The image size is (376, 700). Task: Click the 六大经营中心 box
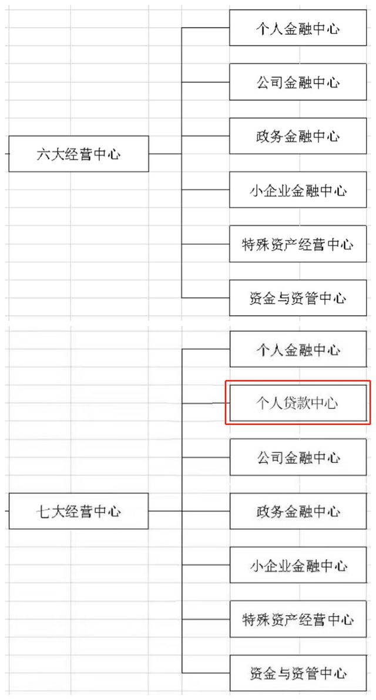pos(79,154)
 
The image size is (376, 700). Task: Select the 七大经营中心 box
pos(79,511)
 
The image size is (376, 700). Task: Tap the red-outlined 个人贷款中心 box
pos(298,403)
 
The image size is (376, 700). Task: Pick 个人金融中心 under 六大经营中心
pos(298,28)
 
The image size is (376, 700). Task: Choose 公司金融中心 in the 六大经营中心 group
pos(298,82)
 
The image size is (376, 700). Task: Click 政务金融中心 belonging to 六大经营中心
pos(298,136)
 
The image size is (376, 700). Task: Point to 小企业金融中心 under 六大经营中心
pos(298,190)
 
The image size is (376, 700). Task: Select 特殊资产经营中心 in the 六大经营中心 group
pos(298,244)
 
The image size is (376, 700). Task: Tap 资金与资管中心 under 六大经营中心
pos(298,297)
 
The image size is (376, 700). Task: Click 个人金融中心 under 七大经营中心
pos(298,349)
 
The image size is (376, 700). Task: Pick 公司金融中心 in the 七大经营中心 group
pos(298,457)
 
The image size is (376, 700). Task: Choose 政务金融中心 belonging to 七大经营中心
pos(298,511)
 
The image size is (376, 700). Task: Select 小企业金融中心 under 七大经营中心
pos(298,564)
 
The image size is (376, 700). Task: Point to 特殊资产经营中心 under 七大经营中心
pos(298,619)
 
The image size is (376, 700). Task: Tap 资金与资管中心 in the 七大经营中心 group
pos(298,673)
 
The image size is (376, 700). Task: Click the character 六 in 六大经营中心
pos(43,154)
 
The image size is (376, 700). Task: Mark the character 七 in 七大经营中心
pos(43,512)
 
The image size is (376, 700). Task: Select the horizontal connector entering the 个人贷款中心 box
pos(206,403)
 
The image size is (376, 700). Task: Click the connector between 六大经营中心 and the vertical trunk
pos(165,154)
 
